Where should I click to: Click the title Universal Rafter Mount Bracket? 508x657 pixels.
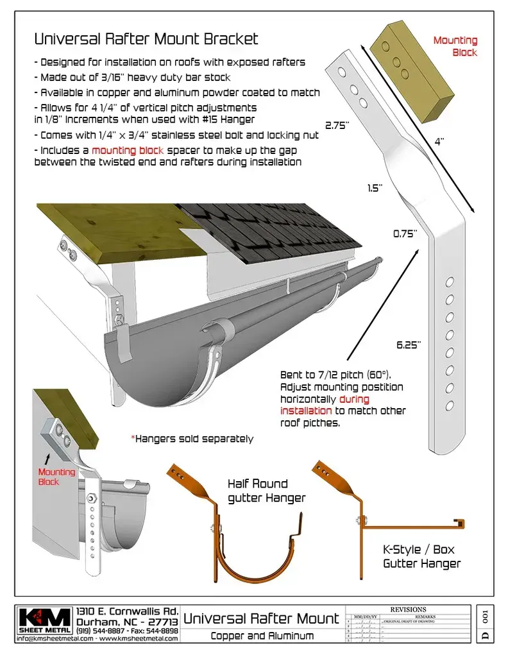pos(146,38)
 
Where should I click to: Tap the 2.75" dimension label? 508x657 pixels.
pos(336,126)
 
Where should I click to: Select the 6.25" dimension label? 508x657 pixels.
pos(408,345)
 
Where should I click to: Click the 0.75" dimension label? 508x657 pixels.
pos(405,234)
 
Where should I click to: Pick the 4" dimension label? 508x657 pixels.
pos(439,141)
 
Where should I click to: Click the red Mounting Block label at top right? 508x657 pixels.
pos(455,46)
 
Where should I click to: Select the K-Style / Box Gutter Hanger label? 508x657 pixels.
pos(421,557)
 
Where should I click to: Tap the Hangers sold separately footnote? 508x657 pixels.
pos(192,439)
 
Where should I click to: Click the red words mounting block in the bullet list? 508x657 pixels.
pos(128,150)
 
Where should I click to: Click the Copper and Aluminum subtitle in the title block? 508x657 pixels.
pos(262,636)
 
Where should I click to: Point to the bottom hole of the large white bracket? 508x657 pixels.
pos(450,405)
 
